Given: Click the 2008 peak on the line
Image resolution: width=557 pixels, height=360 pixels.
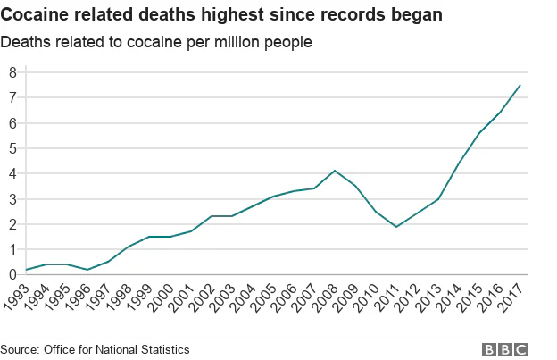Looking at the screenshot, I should coord(334,171).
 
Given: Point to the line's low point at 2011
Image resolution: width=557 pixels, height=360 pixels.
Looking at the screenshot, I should coord(395,227).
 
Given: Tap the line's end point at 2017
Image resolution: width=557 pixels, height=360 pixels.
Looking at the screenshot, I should coord(520,86).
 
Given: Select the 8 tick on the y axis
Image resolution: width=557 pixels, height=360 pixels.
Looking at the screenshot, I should coord(13,72).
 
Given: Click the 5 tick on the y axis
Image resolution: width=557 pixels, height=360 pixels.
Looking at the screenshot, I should coord(13,148).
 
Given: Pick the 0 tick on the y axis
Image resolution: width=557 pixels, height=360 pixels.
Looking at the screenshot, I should coord(13,275).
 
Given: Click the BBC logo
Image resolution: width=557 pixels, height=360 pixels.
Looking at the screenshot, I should coord(505,349).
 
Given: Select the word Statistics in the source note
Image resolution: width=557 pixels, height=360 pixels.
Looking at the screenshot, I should coord(162,348).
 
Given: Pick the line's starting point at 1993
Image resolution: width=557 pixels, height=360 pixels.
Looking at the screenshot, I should coord(27,270).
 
